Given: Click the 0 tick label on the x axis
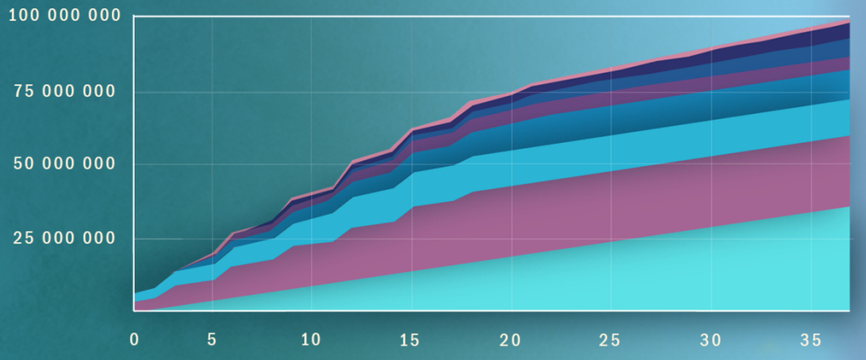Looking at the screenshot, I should [x=134, y=338].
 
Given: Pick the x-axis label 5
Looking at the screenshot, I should [x=212, y=338].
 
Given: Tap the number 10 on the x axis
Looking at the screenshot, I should [x=310, y=338].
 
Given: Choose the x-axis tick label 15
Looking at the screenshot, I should [x=410, y=338].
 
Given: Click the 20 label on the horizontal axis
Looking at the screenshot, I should [x=512, y=338].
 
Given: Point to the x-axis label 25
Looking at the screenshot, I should [x=611, y=338].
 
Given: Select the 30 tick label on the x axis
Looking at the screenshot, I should [x=712, y=338].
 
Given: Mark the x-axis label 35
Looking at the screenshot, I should [x=811, y=338].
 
